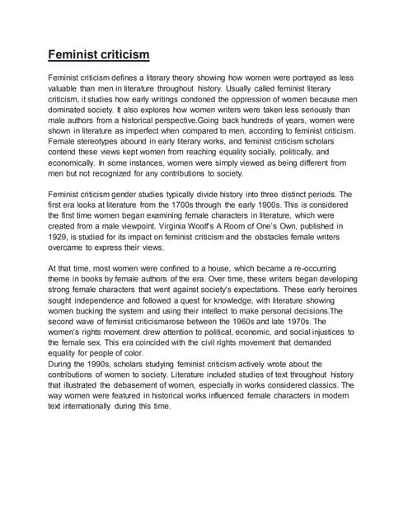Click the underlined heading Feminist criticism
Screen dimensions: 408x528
[x=98, y=55]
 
